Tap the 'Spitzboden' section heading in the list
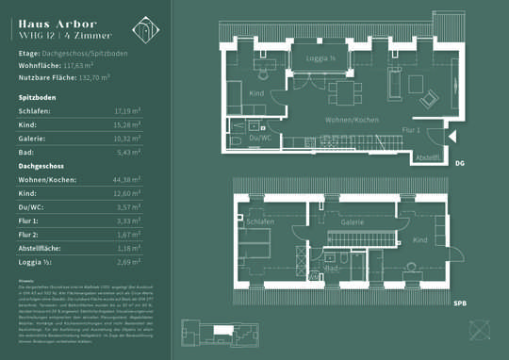click(35, 97)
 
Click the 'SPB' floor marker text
click(458, 304)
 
